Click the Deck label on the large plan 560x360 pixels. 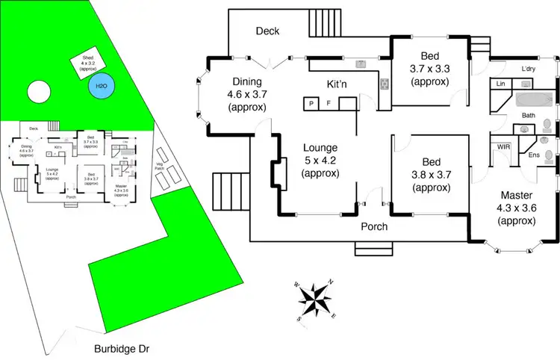267,31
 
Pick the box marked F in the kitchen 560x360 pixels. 329,103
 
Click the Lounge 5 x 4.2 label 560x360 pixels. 321,160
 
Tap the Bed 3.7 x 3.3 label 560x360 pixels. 429,69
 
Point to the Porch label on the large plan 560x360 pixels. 374,226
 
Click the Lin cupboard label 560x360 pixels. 500,84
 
